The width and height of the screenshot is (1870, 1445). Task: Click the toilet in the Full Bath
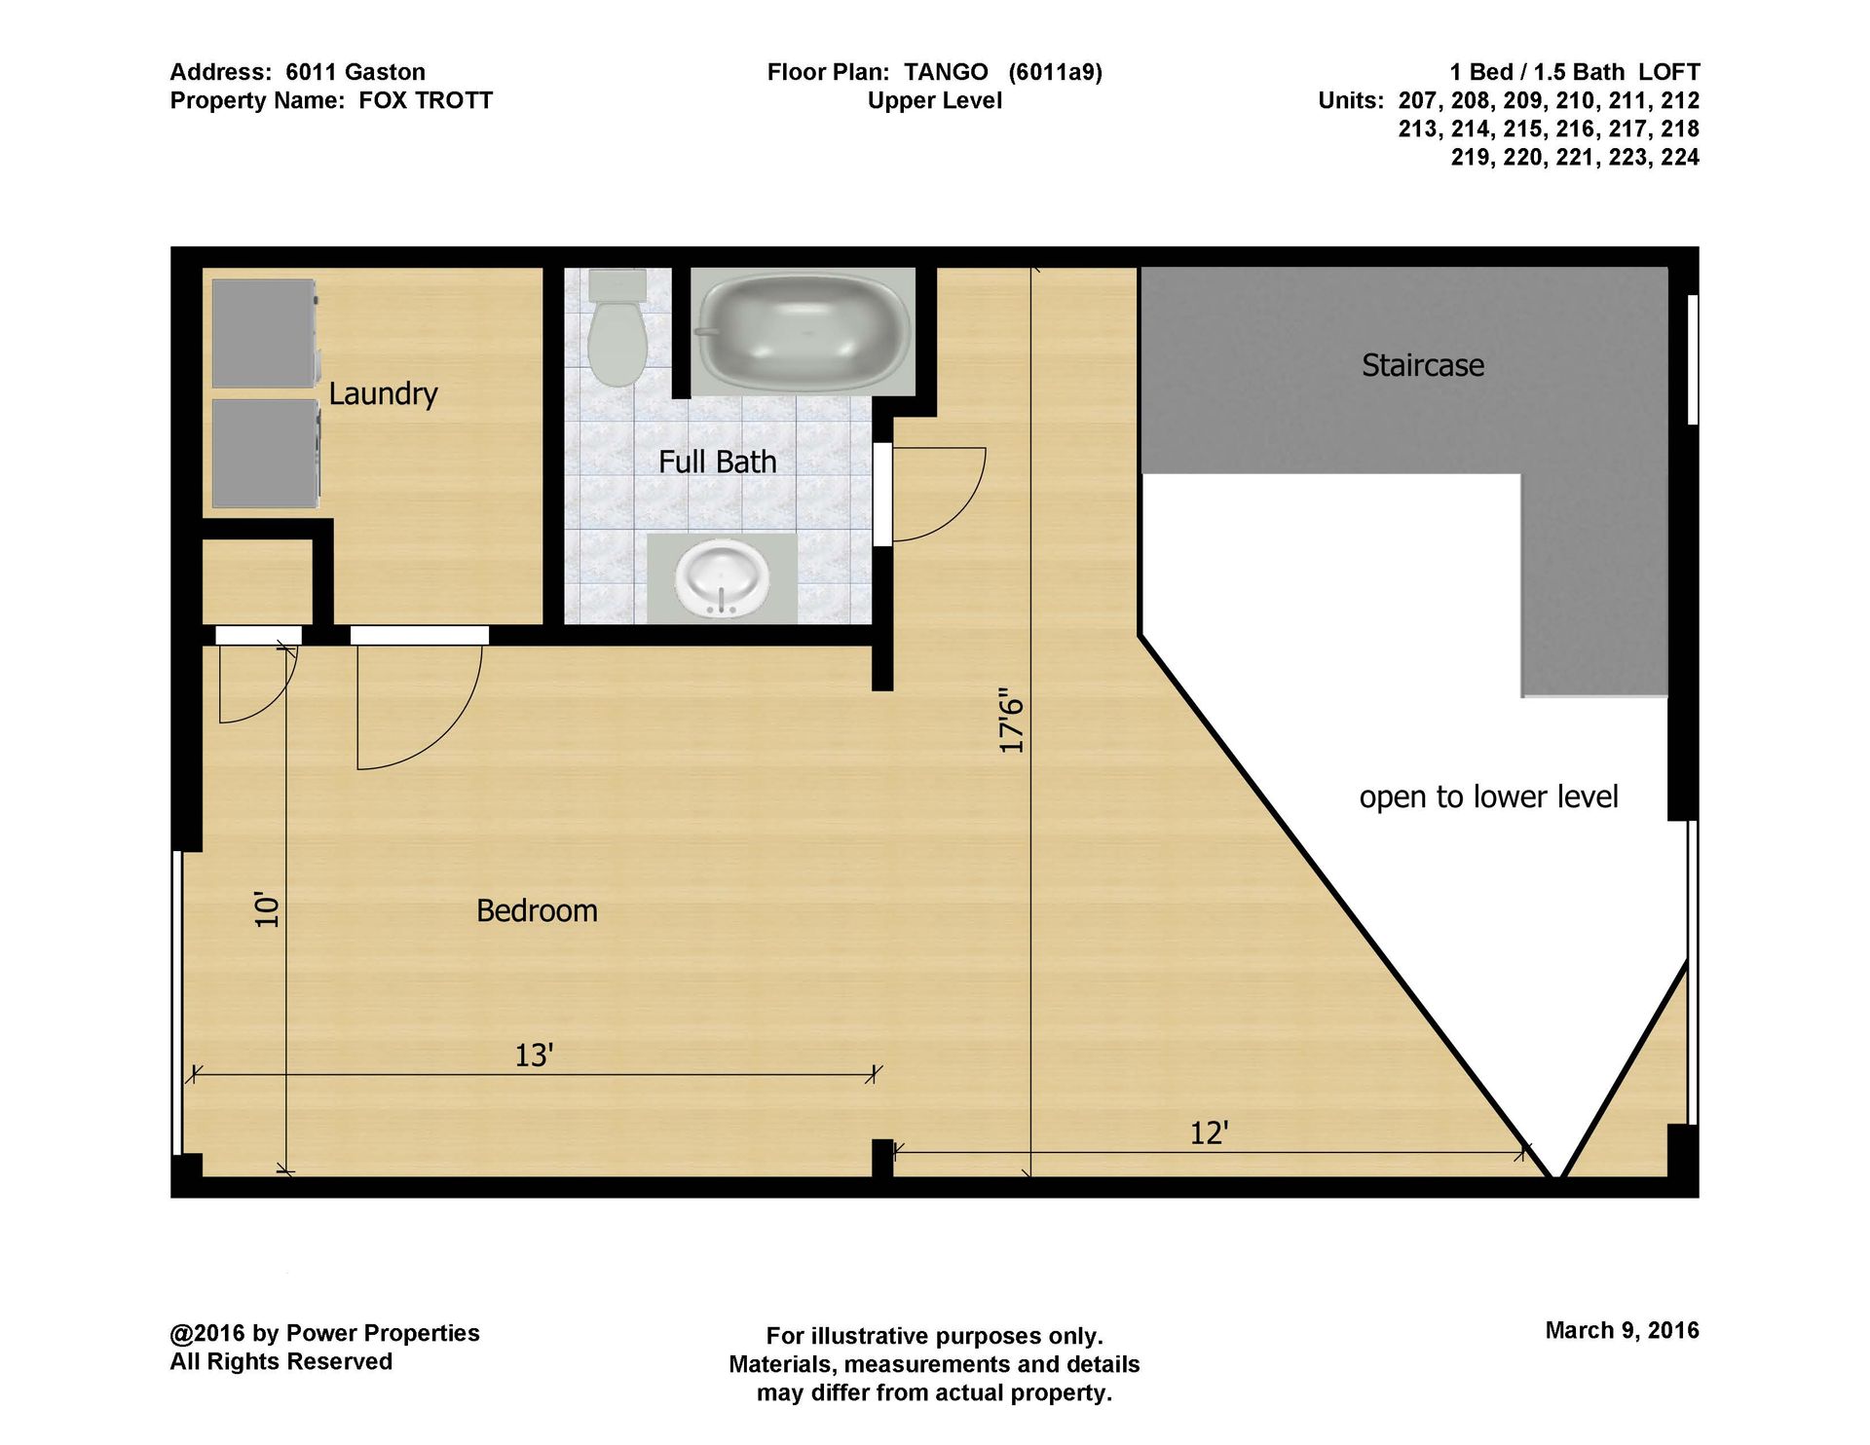tap(617, 328)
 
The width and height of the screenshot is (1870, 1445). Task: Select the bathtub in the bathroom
tap(804, 331)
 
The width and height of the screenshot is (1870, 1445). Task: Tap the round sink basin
tap(722, 580)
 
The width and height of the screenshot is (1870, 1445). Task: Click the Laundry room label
tap(383, 393)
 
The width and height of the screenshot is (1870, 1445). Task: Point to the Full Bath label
tap(718, 462)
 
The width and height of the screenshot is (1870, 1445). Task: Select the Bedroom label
tap(537, 910)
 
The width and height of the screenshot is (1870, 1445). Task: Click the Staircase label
tap(1423, 365)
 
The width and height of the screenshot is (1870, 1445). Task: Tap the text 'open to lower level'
tap(1488, 797)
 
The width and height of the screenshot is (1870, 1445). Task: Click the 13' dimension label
tap(534, 1055)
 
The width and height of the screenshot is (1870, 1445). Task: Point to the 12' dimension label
tap(1209, 1132)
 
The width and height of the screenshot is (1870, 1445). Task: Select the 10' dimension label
tap(267, 908)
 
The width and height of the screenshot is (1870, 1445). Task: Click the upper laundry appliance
tap(266, 334)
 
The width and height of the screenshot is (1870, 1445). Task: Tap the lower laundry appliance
tap(266, 453)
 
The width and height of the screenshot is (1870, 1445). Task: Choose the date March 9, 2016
tap(1622, 1330)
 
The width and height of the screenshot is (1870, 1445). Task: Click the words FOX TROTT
tap(426, 100)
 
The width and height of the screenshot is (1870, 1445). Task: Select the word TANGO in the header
tap(946, 72)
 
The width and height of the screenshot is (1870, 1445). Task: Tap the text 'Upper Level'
tap(935, 100)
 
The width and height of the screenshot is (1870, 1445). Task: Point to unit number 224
tap(1680, 157)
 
